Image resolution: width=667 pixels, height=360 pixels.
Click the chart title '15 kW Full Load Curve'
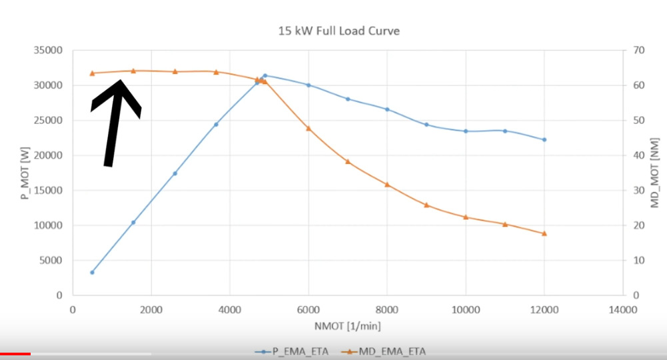coord(338,31)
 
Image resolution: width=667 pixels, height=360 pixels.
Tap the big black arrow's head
coord(118,93)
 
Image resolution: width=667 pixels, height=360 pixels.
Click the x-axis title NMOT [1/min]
coord(347,326)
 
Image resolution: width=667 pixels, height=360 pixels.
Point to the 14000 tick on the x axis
coord(623,309)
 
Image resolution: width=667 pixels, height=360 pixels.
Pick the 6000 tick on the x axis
coord(309,309)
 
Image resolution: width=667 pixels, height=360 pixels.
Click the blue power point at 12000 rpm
coord(544,139)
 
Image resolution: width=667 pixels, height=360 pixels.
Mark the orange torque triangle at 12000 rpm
coord(544,233)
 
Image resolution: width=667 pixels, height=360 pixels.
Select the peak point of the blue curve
coord(265,75)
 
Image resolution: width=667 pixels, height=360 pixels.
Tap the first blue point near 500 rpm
coord(92,272)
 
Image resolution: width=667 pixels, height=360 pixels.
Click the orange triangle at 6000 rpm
coord(309,128)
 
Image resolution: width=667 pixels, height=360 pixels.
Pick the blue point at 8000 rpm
coord(387,109)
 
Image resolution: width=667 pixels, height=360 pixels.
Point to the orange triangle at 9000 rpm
coord(426,205)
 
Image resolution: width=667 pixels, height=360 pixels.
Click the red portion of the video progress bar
coord(15,354)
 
